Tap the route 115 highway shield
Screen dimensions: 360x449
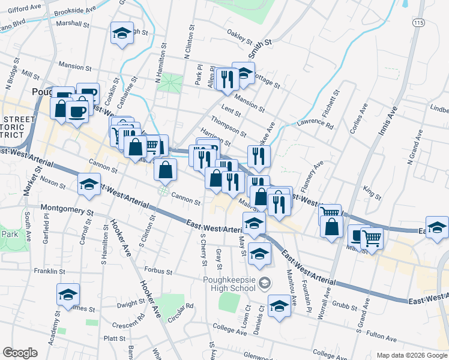pos(417,22)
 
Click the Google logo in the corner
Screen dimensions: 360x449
pos(20,353)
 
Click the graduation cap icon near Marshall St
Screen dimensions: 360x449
pos(122,34)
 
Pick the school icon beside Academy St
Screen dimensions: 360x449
pos(68,295)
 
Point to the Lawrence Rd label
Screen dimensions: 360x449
pos(315,125)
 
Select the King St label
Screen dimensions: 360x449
pos(372,193)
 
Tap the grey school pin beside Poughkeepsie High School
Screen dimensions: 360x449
pos(264,282)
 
